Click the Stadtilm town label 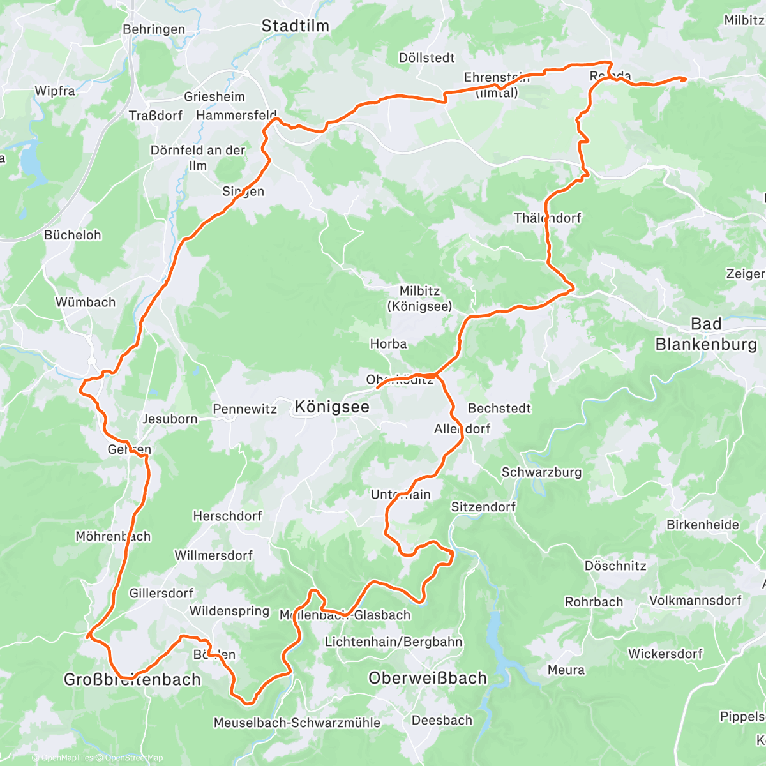click(x=296, y=26)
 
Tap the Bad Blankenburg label click(x=706, y=334)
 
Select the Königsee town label click(x=332, y=407)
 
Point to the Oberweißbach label click(x=427, y=679)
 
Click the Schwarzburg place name click(x=541, y=472)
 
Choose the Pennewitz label click(x=244, y=409)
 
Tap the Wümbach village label click(x=86, y=302)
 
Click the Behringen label click(x=154, y=29)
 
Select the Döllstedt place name click(x=426, y=57)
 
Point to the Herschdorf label click(x=227, y=516)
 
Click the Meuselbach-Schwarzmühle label click(x=297, y=723)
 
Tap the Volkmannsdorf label click(x=695, y=600)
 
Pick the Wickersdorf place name click(x=665, y=654)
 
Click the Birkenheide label click(x=703, y=525)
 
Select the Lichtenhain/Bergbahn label click(x=394, y=642)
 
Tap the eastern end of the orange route click(x=684, y=79)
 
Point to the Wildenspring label click(x=229, y=611)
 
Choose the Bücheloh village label click(x=72, y=235)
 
